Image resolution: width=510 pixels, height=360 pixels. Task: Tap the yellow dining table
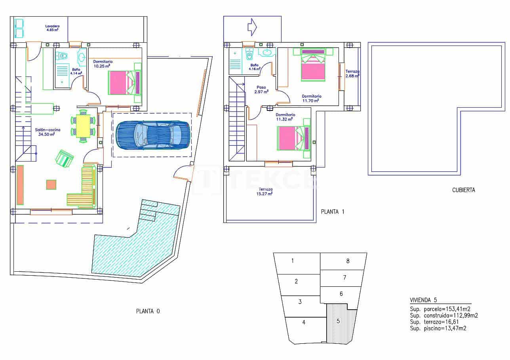click(x=83, y=126)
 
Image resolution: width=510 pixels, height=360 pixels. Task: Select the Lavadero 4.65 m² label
click(x=52, y=28)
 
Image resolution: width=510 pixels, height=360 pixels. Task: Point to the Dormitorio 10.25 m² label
click(x=103, y=64)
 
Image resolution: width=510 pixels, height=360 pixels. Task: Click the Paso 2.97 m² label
click(x=261, y=90)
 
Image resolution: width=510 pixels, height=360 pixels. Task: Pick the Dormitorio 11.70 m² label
click(x=311, y=98)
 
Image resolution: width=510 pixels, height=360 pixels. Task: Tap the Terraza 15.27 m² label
click(x=265, y=192)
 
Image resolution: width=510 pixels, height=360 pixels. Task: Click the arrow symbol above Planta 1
click(x=252, y=27)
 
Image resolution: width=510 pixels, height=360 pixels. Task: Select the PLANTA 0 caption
click(x=148, y=311)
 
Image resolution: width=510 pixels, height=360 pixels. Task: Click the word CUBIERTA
click(x=464, y=190)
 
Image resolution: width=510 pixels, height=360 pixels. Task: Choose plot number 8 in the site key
click(x=348, y=261)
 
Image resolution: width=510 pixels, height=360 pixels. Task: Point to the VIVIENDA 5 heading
click(x=423, y=300)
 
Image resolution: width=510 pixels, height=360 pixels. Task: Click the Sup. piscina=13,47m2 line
click(x=438, y=328)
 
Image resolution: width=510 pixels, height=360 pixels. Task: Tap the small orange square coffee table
click(x=51, y=185)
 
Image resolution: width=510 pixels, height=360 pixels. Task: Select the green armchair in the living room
click(x=65, y=158)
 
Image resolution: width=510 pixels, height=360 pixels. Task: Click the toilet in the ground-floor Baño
click(x=63, y=55)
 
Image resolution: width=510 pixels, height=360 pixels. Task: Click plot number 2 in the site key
click(x=296, y=281)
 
